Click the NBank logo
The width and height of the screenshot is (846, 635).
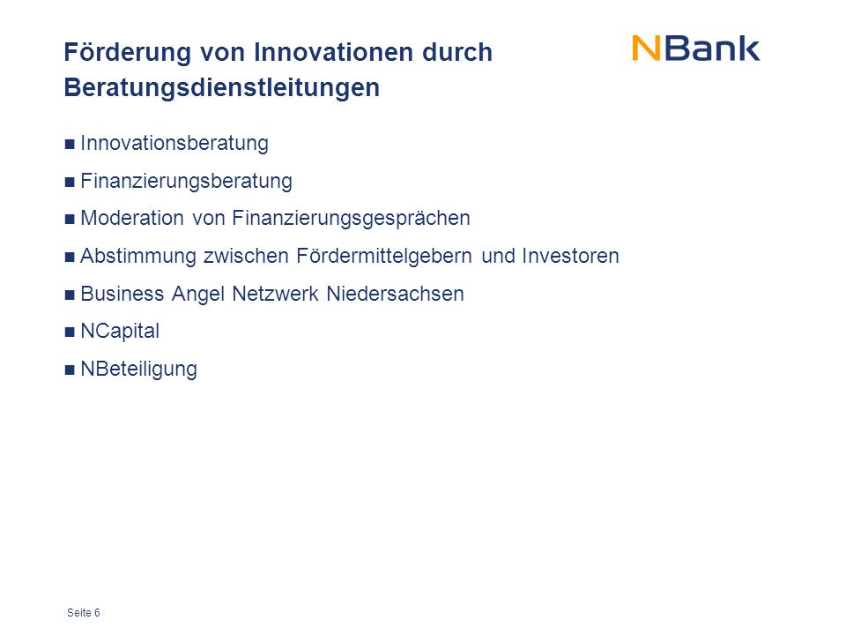point(695,49)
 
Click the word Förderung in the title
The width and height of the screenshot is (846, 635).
point(128,53)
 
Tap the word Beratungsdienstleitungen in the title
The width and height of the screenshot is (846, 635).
point(222,88)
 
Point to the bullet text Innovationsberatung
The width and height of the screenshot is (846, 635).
point(174,144)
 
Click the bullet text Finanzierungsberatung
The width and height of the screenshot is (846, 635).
point(186,182)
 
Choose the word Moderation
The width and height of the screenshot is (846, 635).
point(132,218)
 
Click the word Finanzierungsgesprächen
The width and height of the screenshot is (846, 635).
point(352,219)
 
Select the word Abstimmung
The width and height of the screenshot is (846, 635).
point(138,257)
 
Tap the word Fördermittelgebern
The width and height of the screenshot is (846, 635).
point(384,257)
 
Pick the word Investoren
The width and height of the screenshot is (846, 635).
point(570,256)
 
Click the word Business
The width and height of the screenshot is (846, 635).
point(122,294)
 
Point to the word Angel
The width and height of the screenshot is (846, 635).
point(198,295)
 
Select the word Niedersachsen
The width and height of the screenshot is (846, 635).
point(395,294)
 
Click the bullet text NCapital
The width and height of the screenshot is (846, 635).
point(120,332)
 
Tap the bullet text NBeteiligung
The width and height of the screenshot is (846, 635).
point(138,370)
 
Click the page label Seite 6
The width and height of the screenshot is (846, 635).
point(84,612)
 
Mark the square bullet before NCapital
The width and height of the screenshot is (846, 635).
point(70,332)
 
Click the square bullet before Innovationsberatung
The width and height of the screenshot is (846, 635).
point(70,144)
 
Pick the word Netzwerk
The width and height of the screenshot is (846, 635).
point(275,294)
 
